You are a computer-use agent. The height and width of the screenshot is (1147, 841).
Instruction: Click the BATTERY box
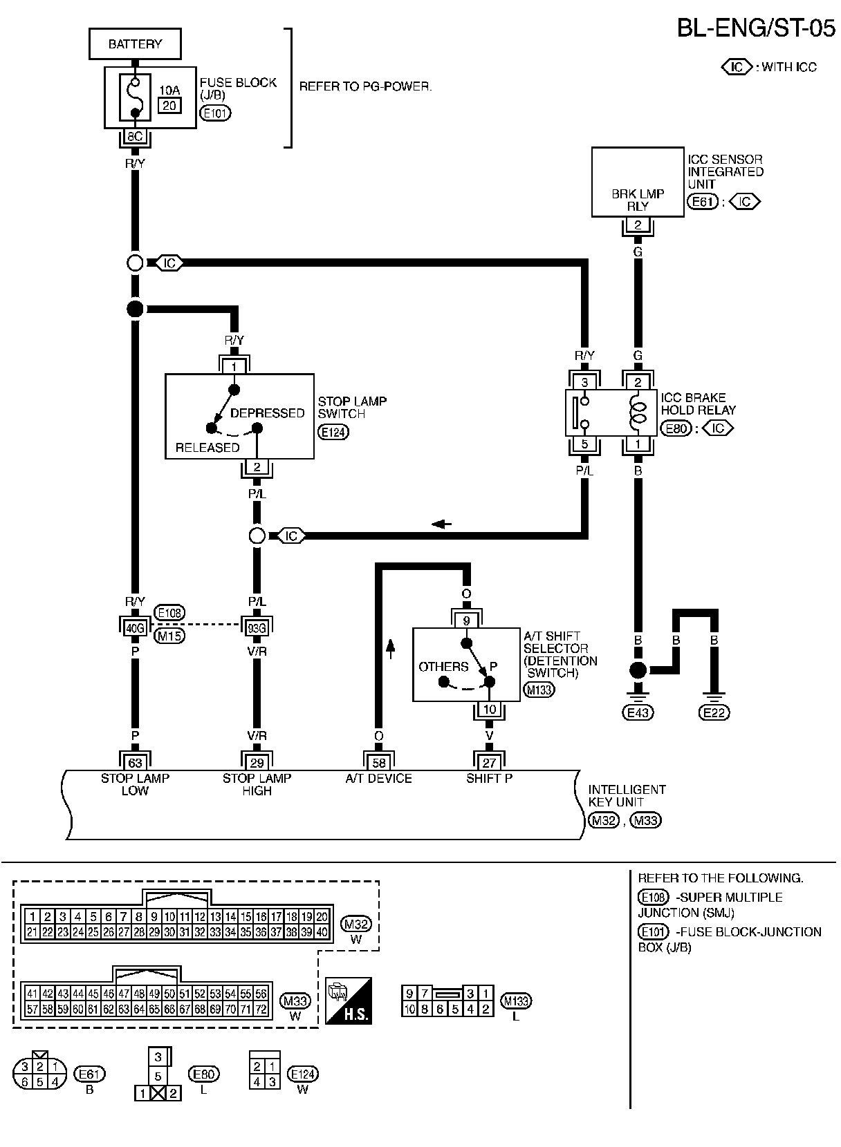coord(135,44)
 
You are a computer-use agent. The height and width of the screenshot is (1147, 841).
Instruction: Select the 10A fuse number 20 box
coord(169,104)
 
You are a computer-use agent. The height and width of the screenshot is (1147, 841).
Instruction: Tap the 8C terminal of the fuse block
coord(135,137)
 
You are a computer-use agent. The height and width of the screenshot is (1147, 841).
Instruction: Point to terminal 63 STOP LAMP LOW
coord(135,763)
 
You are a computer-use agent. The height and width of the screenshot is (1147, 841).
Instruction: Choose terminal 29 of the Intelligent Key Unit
coord(257,763)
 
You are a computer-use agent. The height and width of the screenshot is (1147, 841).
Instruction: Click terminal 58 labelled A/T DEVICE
coord(379,763)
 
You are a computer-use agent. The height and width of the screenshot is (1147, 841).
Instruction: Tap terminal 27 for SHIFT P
coord(490,763)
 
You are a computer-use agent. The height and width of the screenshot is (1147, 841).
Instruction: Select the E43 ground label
coord(638,712)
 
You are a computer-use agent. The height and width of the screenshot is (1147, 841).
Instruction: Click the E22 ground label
coord(714,712)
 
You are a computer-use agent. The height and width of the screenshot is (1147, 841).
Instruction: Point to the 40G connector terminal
coord(135,627)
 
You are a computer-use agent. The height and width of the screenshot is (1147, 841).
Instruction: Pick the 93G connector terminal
coord(257,627)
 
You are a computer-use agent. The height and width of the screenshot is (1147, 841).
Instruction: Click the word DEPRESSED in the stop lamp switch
coord(267,413)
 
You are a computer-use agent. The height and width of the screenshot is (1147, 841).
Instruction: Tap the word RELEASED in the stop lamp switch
coord(207,447)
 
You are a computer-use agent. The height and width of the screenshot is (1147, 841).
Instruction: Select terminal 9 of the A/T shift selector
coord(466,620)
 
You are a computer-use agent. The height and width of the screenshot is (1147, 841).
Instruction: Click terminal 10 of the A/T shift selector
coord(490,710)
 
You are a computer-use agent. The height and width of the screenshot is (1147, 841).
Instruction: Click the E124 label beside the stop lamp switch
coord(333,432)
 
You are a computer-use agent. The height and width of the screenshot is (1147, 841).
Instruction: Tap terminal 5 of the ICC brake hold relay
coord(584,444)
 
